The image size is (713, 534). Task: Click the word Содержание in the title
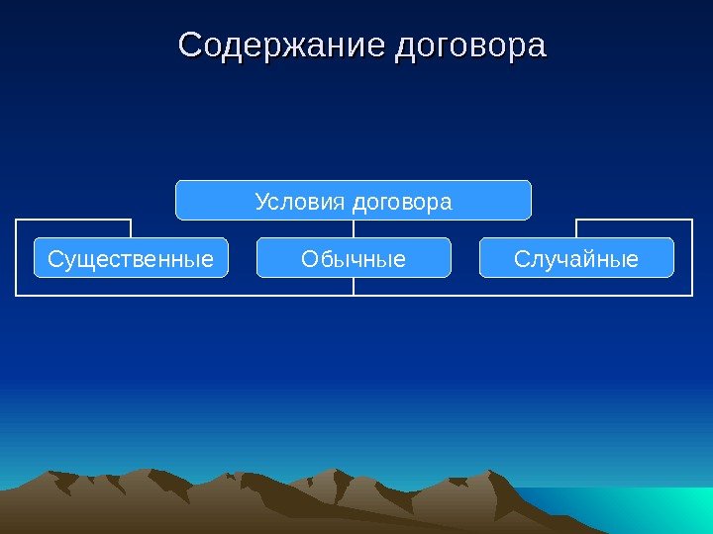click(281, 45)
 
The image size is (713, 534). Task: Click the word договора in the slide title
click(470, 45)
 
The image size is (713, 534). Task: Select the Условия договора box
click(354, 200)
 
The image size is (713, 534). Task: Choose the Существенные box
click(131, 257)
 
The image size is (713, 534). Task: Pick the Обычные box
click(354, 257)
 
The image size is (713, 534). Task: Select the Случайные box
click(576, 257)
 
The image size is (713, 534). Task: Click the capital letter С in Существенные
click(54, 259)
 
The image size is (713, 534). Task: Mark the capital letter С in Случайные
click(521, 259)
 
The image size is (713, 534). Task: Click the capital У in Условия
click(261, 202)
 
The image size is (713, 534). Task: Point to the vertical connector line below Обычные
click(354, 287)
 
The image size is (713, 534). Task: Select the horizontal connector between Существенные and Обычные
click(188, 295)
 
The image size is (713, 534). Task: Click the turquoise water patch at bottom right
click(644, 509)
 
